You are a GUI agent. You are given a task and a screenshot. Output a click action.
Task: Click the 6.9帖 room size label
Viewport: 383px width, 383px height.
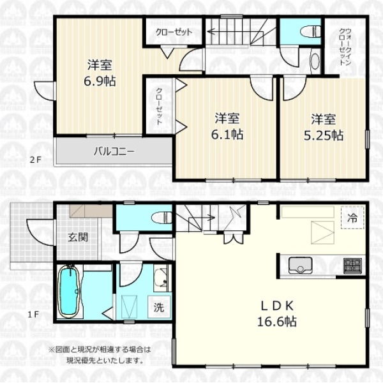pyautogui.click(x=100, y=81)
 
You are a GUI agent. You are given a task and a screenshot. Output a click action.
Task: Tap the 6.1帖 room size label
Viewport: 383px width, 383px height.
pyautogui.click(x=227, y=135)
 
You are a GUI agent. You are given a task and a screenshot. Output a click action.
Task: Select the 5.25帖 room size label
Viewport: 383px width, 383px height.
pyautogui.click(x=324, y=135)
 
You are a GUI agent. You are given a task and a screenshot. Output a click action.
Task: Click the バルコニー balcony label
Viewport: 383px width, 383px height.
pyautogui.click(x=114, y=151)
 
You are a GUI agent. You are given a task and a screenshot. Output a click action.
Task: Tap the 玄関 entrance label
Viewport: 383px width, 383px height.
pyautogui.click(x=78, y=237)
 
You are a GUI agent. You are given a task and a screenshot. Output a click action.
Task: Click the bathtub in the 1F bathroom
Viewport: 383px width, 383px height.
pyautogui.click(x=70, y=292)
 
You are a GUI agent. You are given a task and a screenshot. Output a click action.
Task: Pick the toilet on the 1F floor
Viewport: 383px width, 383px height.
pyautogui.click(x=162, y=218)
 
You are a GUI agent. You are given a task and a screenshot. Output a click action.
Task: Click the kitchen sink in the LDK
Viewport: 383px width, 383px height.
pyautogui.click(x=300, y=266)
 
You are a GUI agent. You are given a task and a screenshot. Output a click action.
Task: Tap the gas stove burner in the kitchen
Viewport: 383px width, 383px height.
pyautogui.click(x=352, y=266)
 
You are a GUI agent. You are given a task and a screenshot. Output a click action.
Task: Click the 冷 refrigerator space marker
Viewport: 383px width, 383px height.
pyautogui.click(x=352, y=217)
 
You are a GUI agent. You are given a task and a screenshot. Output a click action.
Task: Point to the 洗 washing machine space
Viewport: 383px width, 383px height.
pyautogui.click(x=159, y=307)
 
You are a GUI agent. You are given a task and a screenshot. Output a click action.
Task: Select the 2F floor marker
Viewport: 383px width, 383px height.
pyautogui.click(x=36, y=160)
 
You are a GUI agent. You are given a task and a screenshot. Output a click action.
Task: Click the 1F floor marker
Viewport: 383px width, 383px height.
pyautogui.click(x=33, y=314)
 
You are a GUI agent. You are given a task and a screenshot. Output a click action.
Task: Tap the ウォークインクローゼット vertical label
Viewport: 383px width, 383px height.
pyautogui.click(x=345, y=47)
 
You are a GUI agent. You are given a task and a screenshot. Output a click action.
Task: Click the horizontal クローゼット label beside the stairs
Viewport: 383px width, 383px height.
pyautogui.click(x=174, y=32)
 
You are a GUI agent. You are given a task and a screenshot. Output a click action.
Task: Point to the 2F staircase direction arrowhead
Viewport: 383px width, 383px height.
pyautogui.click(x=210, y=31)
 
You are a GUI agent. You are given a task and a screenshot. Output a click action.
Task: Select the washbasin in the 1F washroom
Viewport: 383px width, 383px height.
pyautogui.click(x=161, y=278)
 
